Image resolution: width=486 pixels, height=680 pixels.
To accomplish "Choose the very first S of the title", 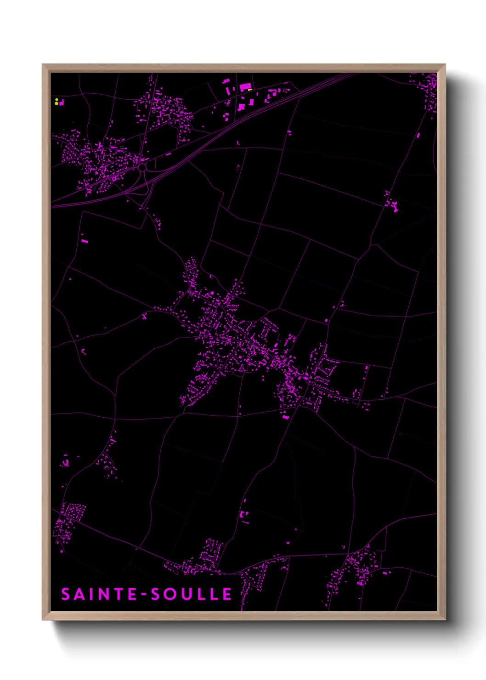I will click(x=66, y=594).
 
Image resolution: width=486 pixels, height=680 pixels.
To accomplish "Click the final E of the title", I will click(x=227, y=594).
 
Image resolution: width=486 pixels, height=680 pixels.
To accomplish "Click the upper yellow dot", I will click(x=57, y=99).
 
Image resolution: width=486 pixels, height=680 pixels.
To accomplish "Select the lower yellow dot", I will click(x=57, y=103).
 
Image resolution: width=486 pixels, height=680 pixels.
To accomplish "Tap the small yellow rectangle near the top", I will click(x=250, y=90).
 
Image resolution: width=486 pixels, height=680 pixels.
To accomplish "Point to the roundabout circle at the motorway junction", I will click(x=142, y=168).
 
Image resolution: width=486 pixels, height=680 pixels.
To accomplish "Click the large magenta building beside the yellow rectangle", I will click(x=245, y=86).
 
